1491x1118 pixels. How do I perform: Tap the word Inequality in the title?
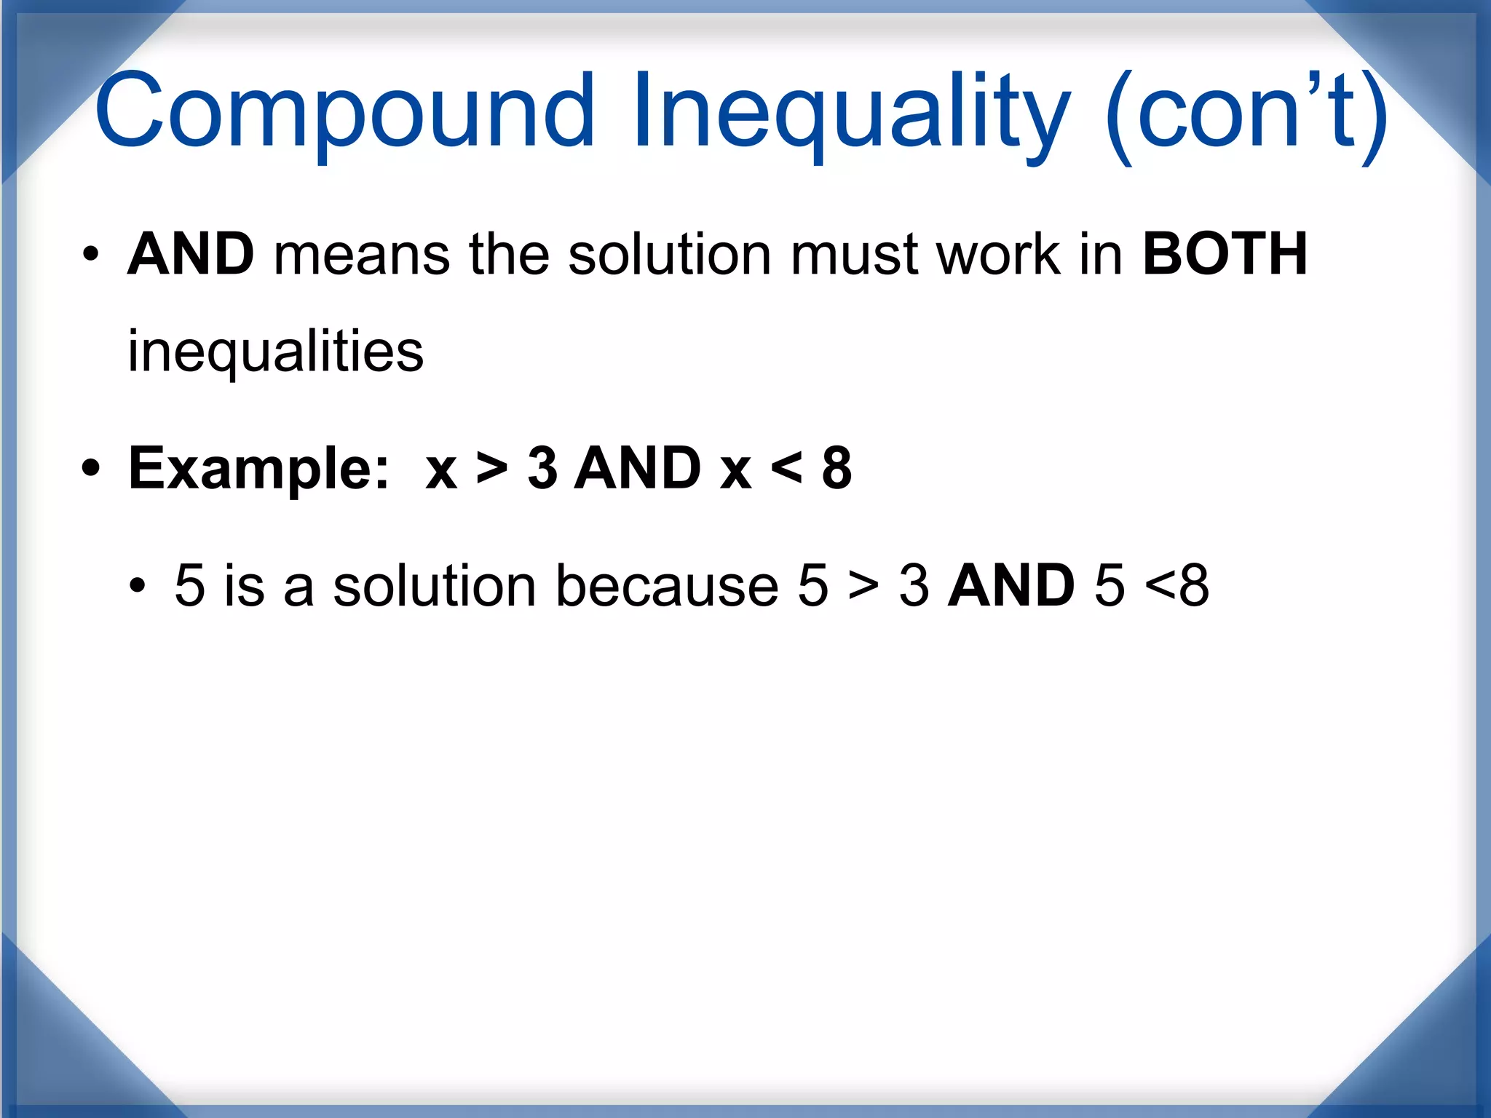click(x=850, y=113)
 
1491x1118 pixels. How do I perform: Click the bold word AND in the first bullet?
click(x=191, y=254)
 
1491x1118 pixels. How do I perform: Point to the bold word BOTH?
click(x=1225, y=254)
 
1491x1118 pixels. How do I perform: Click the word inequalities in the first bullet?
click(x=275, y=352)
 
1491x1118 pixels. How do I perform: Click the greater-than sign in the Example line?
click(x=492, y=468)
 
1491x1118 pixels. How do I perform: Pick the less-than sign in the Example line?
click(x=786, y=468)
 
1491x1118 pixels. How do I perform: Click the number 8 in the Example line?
click(x=837, y=468)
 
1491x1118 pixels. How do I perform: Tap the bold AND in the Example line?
click(x=638, y=468)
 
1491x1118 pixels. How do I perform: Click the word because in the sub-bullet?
click(x=667, y=585)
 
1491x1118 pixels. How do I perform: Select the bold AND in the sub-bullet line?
click(x=1011, y=585)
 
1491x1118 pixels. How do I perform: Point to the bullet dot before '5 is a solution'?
click(x=138, y=585)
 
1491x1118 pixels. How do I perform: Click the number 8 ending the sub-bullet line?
click(x=1194, y=585)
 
